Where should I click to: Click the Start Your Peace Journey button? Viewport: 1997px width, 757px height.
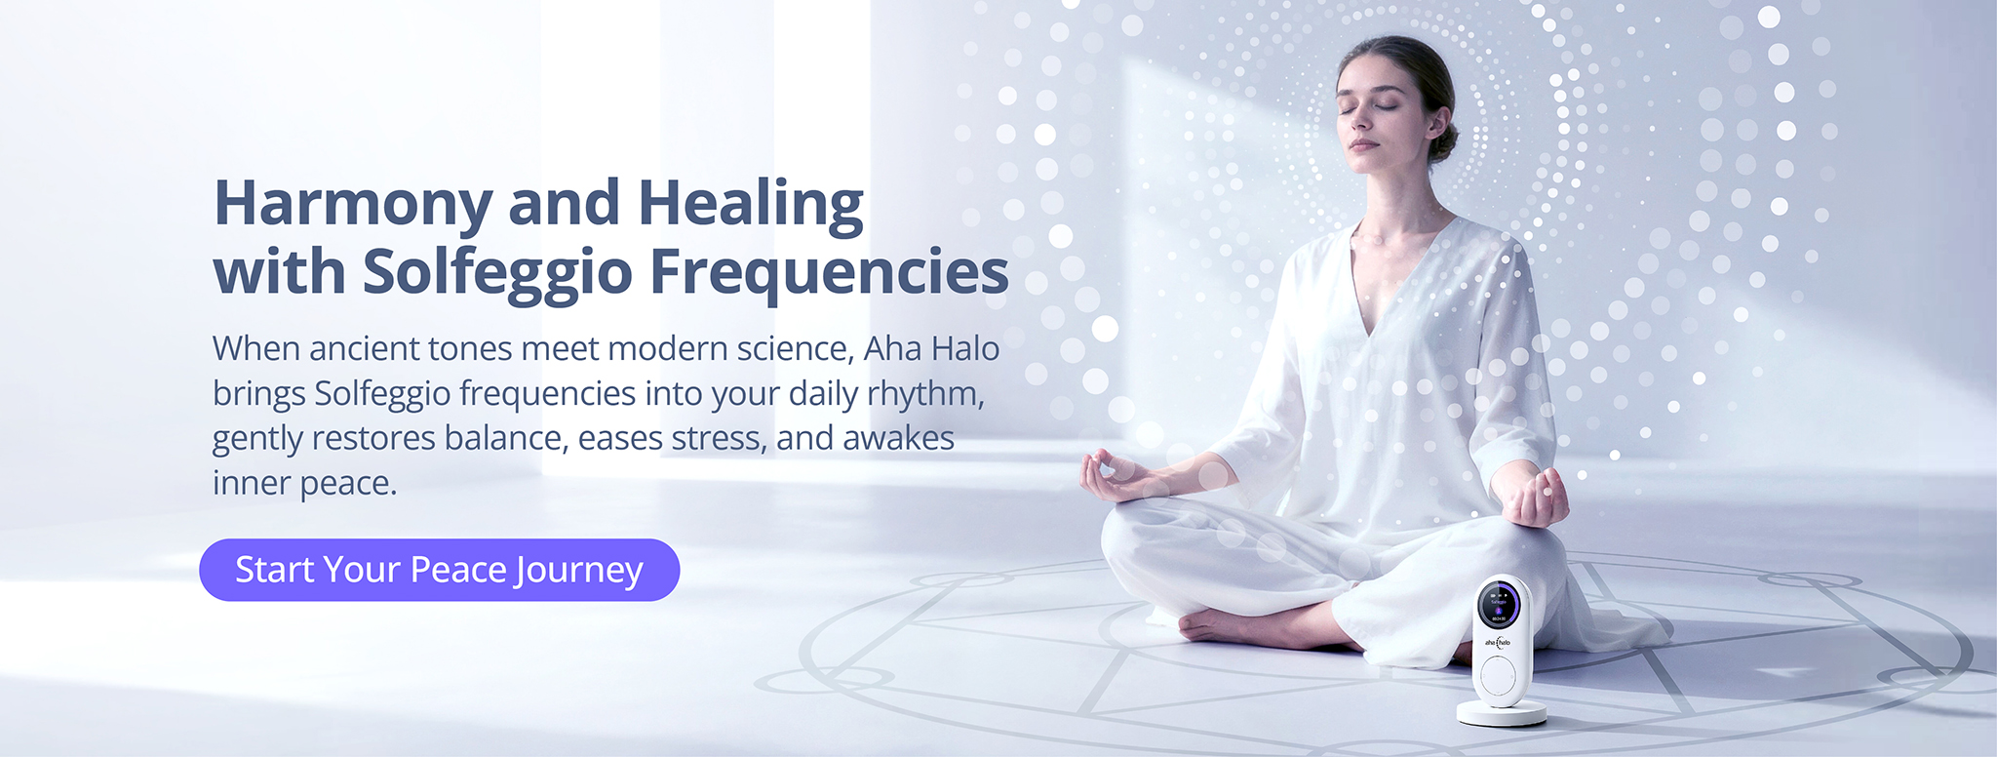(x=439, y=570)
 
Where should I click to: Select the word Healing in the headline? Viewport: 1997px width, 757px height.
(x=751, y=204)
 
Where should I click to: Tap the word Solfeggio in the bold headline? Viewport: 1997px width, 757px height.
(x=497, y=272)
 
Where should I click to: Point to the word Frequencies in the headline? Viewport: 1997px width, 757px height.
(x=829, y=272)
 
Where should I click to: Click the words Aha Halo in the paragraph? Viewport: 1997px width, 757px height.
(x=931, y=348)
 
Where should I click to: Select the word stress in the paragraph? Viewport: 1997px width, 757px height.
(x=717, y=438)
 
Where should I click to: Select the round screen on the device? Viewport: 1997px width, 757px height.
(x=1499, y=605)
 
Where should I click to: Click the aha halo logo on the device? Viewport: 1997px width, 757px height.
(x=1498, y=643)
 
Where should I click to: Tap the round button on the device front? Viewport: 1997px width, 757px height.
(x=1498, y=674)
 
